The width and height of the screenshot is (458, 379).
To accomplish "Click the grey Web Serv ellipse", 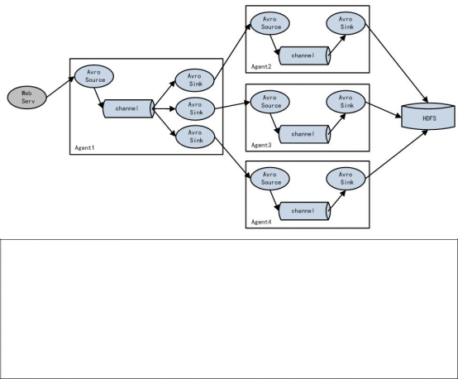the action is tap(27, 98).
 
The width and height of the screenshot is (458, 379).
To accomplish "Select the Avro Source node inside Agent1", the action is tap(94, 76).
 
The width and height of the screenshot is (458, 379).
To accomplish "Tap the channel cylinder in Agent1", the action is tap(129, 108).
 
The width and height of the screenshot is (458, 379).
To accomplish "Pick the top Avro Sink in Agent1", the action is tap(195, 80).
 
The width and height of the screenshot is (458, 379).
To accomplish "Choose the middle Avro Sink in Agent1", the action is tap(195, 108).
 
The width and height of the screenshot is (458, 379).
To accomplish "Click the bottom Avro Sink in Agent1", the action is tap(195, 137).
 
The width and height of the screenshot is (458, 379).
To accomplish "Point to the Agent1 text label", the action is tap(84, 147).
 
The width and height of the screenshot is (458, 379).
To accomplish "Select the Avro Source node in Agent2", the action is tap(270, 23).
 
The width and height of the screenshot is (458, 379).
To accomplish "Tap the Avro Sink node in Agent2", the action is tap(346, 23).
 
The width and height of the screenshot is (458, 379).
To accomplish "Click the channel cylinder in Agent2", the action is tap(305, 55).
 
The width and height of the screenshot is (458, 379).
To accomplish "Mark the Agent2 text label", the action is tap(261, 67).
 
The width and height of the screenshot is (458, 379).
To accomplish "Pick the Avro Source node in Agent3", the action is tap(270, 102).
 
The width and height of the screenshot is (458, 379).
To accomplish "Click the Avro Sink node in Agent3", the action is tap(346, 102).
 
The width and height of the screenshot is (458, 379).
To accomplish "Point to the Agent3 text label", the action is tap(261, 146).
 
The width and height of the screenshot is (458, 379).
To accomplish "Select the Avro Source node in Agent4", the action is tap(270, 179).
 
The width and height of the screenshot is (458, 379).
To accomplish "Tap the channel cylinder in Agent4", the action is tap(305, 211).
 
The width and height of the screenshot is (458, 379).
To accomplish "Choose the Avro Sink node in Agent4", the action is tap(346, 179).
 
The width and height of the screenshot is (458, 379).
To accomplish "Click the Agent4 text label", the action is tap(261, 223).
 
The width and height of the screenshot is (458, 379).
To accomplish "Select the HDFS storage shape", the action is tap(428, 116).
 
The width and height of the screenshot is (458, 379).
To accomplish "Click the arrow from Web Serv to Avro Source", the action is tap(60, 87).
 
